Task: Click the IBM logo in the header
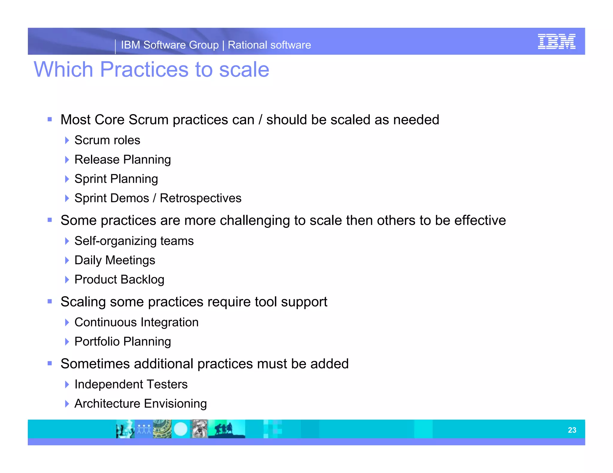556,42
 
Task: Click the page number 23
572,430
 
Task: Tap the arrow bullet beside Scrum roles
67,140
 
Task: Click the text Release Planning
122,160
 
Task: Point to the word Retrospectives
201,198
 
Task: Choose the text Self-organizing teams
134,241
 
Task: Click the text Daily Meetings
115,260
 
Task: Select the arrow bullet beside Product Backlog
67,280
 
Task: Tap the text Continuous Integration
136,322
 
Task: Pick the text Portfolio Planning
122,341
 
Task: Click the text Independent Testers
131,384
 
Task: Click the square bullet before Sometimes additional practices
50,364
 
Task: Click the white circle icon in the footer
180,429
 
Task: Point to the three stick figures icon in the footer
144,429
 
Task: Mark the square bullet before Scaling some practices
50,301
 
